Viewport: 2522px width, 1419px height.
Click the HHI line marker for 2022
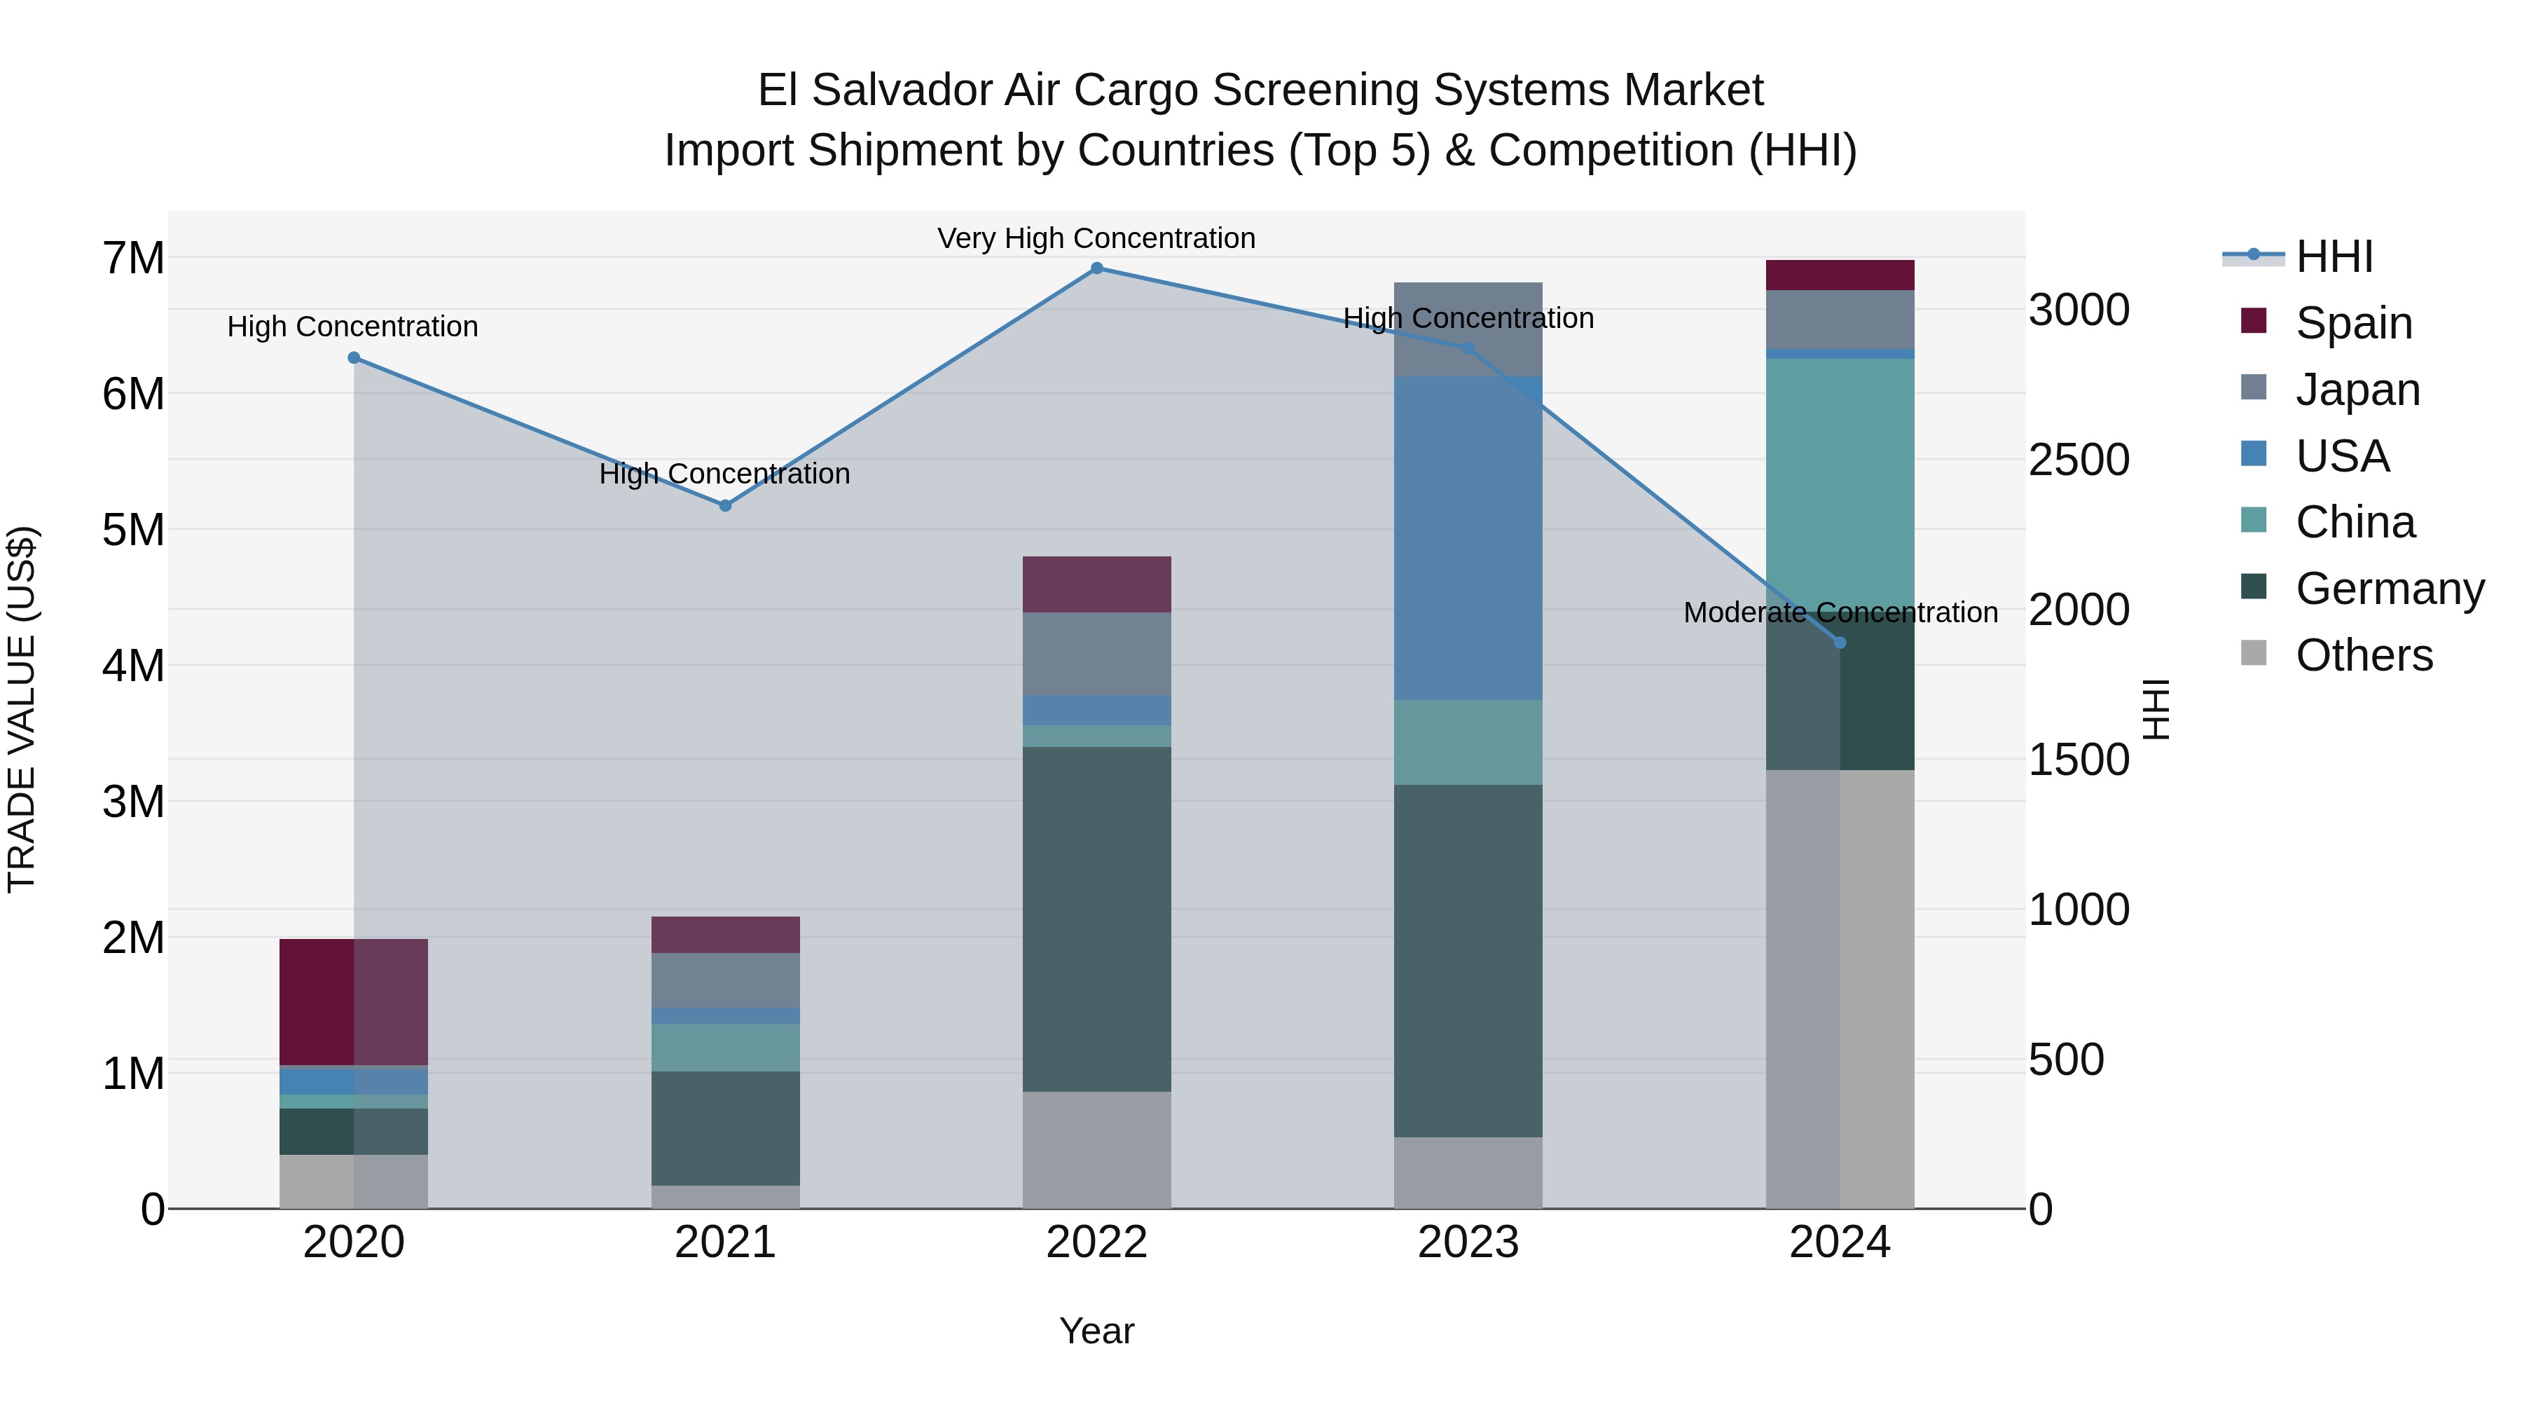tap(1096, 268)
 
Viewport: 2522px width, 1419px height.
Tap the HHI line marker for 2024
tap(1840, 643)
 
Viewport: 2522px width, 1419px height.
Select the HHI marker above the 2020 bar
tap(354, 358)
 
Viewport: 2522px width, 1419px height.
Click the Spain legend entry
tap(2352, 323)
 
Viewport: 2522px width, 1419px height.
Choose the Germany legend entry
tap(2389, 589)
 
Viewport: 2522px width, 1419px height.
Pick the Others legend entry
tap(2364, 655)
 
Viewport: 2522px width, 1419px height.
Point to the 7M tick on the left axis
tap(134, 259)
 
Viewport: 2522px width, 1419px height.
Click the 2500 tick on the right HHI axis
tap(2079, 460)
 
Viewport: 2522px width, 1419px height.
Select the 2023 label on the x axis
tap(1468, 1242)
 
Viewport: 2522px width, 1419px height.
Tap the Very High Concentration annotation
tap(1096, 238)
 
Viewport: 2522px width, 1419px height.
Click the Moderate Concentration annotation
tap(1840, 612)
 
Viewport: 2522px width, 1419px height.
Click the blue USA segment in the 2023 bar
tap(1468, 539)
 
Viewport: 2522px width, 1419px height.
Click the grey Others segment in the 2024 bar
tap(1840, 989)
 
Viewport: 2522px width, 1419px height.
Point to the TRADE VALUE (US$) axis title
tap(22, 709)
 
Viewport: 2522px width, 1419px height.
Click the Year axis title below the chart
tap(1096, 1331)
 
